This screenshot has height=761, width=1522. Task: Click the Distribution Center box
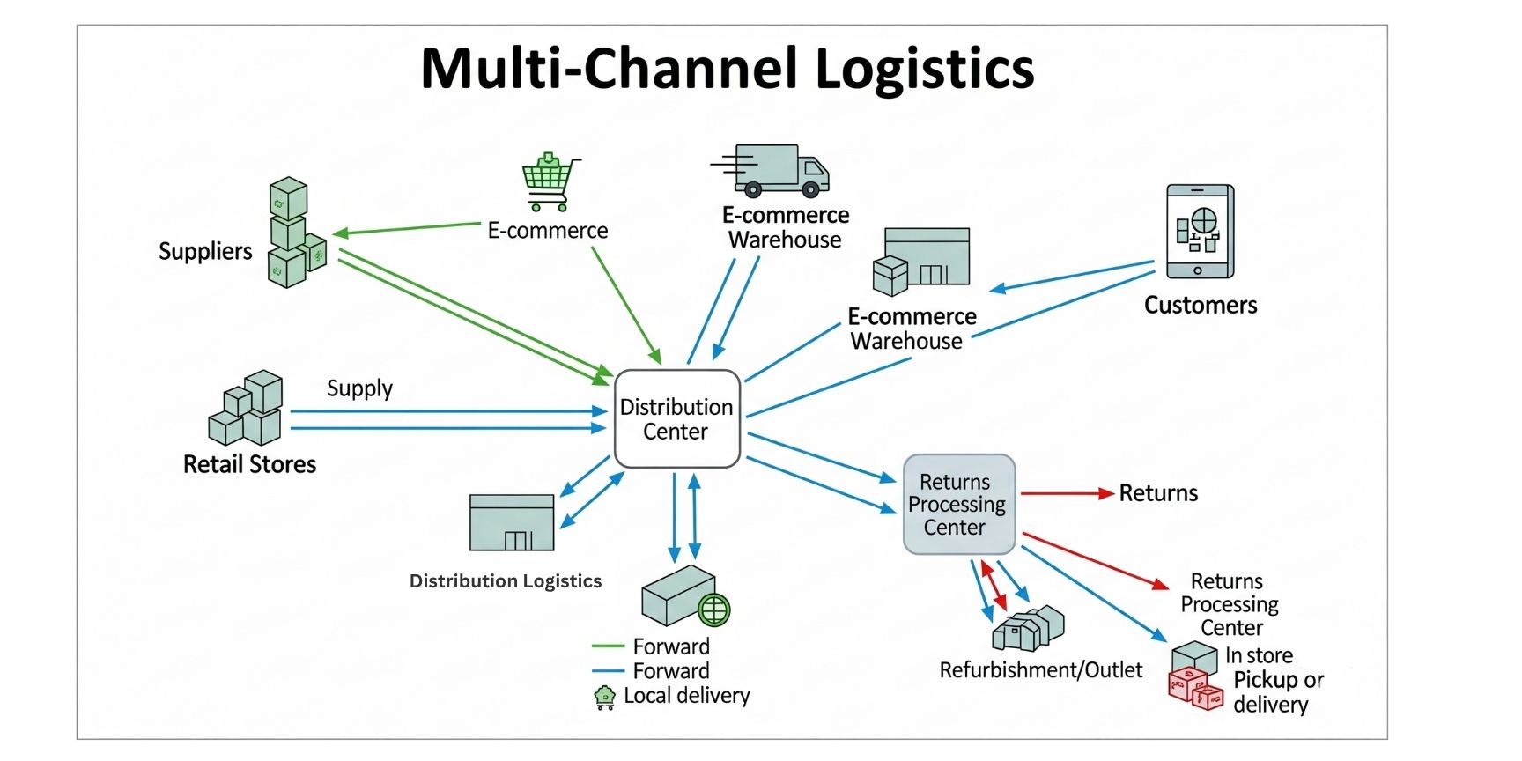(676, 418)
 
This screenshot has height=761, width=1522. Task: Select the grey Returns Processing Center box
(958, 504)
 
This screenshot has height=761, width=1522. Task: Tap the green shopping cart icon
(550, 181)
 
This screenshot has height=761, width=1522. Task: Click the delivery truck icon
(775, 170)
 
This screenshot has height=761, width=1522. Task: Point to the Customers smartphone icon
(1200, 231)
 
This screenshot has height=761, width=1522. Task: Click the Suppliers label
(205, 251)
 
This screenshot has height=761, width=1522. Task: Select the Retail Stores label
(249, 464)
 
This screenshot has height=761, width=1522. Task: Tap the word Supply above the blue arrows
(359, 388)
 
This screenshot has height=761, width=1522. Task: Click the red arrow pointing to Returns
(1067, 493)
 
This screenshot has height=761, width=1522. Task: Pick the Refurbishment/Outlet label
(1040, 670)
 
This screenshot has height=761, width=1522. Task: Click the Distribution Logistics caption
(505, 581)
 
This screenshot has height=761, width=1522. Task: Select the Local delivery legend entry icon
(604, 698)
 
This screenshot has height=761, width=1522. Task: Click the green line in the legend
(608, 646)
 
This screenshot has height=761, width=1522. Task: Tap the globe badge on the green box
(713, 609)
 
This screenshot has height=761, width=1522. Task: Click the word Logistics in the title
(924, 69)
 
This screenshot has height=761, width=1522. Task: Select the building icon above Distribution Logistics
(512, 522)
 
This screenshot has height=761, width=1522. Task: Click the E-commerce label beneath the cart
(548, 231)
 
